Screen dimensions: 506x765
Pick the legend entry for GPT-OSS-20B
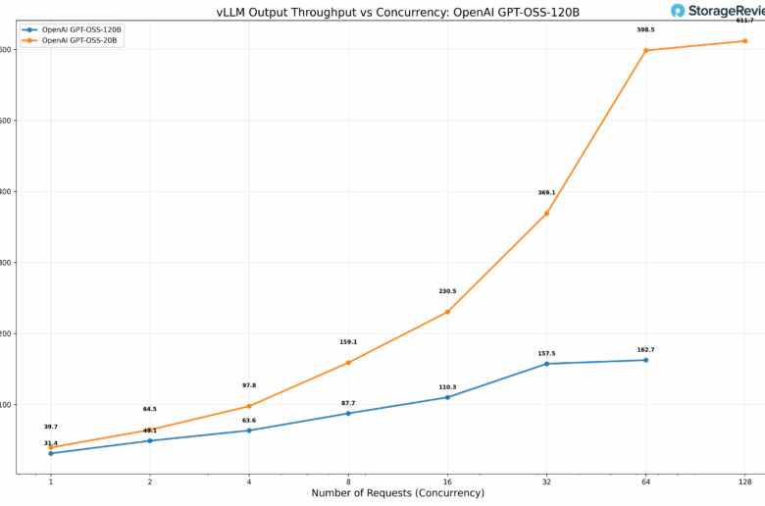(x=79, y=40)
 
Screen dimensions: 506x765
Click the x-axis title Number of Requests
(x=397, y=492)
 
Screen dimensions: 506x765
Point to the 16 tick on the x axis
(x=447, y=481)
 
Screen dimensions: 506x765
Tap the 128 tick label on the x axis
(x=744, y=481)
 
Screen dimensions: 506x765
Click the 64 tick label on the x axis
(x=645, y=481)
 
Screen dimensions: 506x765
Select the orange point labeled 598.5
(x=645, y=50)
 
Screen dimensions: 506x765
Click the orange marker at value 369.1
(x=546, y=213)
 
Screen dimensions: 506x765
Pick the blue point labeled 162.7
(x=645, y=360)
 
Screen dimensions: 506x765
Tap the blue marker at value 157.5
(x=546, y=364)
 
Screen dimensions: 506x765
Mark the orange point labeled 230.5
(x=447, y=312)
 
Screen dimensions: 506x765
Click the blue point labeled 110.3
(x=447, y=397)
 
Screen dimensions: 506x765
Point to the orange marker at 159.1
(x=348, y=363)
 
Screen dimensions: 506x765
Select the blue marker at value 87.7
(x=348, y=413)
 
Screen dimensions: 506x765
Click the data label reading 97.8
(x=249, y=385)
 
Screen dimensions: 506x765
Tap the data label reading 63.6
(x=249, y=420)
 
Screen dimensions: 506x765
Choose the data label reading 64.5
(x=150, y=409)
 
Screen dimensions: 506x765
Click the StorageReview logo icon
(x=678, y=11)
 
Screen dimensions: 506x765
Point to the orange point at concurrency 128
(x=744, y=41)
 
